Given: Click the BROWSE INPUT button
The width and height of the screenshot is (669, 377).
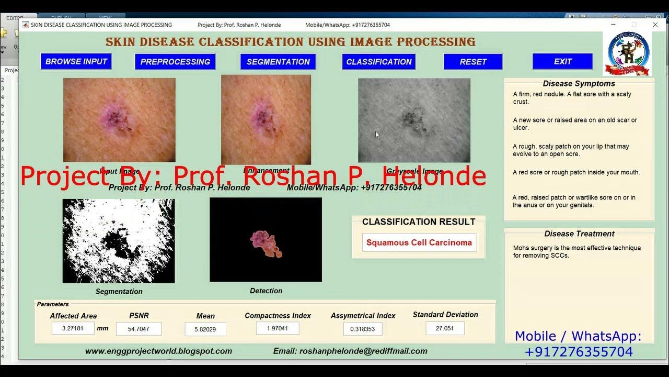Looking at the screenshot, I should pos(76,61).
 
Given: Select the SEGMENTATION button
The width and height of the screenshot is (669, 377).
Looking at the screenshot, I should pos(278,61).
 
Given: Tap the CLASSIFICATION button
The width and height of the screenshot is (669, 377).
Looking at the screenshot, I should pos(379,61).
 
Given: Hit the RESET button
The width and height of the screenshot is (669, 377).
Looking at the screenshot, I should pos(473,61).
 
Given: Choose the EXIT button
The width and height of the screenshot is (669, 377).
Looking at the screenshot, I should pos(562,61).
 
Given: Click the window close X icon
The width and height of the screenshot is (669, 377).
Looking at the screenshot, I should pos(655,25).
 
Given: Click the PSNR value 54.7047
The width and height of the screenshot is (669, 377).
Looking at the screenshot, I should pos(139,329).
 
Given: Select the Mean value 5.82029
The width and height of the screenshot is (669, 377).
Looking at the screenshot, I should pos(205,329).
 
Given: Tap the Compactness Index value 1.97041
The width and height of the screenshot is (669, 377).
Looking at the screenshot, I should pos(278,328).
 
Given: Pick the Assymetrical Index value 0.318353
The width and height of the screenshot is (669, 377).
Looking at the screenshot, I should pos(363,329).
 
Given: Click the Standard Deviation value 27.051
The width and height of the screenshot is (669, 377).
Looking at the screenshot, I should pos(445,328).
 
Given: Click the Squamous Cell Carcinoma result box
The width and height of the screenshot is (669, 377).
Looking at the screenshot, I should pos(419,242).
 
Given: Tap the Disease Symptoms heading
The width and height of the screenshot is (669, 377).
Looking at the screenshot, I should pos(579,83).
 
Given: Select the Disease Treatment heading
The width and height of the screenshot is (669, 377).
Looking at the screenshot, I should pos(579,234).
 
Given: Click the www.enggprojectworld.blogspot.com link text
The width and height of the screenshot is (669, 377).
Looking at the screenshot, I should pos(158,351).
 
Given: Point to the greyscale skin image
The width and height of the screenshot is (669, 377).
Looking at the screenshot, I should pos(414,120).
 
